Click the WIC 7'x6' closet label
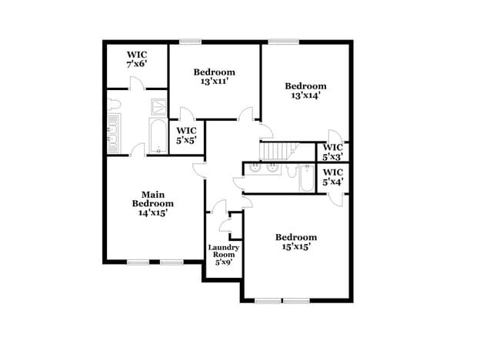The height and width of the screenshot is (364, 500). pyautogui.click(x=137, y=58)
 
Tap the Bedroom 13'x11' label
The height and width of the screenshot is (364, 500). pyautogui.click(x=214, y=76)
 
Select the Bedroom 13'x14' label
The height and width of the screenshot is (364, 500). pyautogui.click(x=305, y=90)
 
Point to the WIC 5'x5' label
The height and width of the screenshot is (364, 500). pyautogui.click(x=187, y=135)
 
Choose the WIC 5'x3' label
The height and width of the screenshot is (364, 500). pyautogui.click(x=333, y=152)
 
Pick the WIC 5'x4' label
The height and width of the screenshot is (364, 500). pyautogui.click(x=333, y=177)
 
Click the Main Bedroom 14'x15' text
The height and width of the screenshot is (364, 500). pyautogui.click(x=152, y=204)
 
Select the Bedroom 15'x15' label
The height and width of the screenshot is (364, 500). pyautogui.click(x=296, y=242)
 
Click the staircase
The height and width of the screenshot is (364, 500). pyautogui.click(x=278, y=150)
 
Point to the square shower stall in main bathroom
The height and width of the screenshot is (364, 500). pyautogui.click(x=157, y=106)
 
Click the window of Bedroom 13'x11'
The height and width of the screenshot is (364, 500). pyautogui.click(x=190, y=42)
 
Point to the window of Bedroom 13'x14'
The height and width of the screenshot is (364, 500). pyautogui.click(x=278, y=42)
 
